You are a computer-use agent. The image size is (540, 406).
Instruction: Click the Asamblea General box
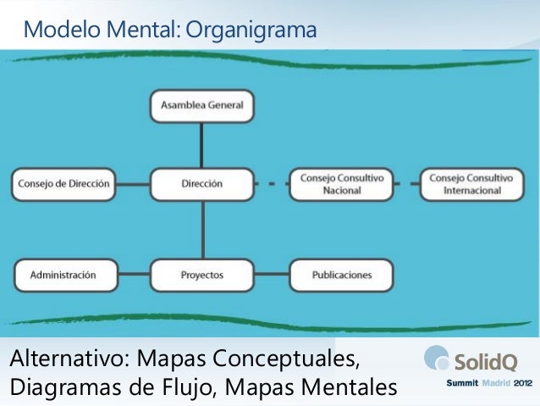[201, 105]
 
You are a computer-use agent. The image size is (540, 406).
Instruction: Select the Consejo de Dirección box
[64, 184]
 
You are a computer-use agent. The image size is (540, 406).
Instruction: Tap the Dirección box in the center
[201, 184]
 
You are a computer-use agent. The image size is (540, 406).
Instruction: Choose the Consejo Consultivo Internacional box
[471, 184]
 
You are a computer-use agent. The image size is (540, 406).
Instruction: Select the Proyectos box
[201, 275]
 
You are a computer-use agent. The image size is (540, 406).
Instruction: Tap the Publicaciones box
[341, 275]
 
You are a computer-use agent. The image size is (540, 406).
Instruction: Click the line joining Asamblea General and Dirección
[201, 144]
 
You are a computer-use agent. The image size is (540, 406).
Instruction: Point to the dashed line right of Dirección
[271, 184]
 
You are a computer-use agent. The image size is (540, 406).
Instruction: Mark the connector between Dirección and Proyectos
[201, 229]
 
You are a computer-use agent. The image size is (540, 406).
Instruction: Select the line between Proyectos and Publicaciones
[272, 275]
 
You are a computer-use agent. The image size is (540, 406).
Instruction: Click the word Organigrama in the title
[250, 31]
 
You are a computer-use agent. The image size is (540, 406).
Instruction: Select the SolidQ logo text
[485, 362]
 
